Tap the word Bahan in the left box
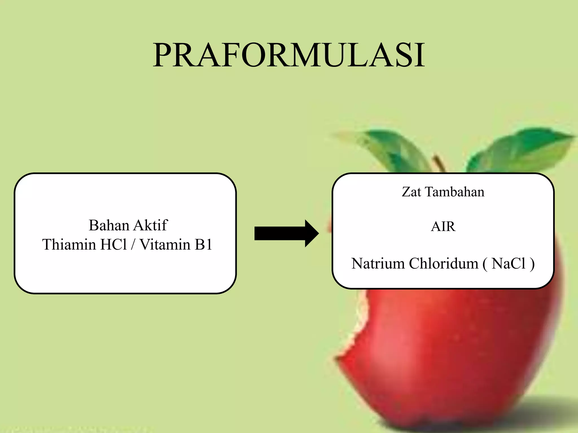pyautogui.click(x=109, y=226)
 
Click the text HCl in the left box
pyautogui.click(x=113, y=244)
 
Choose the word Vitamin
pyautogui.click(x=165, y=244)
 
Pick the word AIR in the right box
pyautogui.click(x=443, y=226)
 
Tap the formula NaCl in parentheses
pyautogui.click(x=509, y=264)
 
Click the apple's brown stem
pyautogui.click(x=439, y=163)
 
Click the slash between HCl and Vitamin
pyautogui.click(x=133, y=244)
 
